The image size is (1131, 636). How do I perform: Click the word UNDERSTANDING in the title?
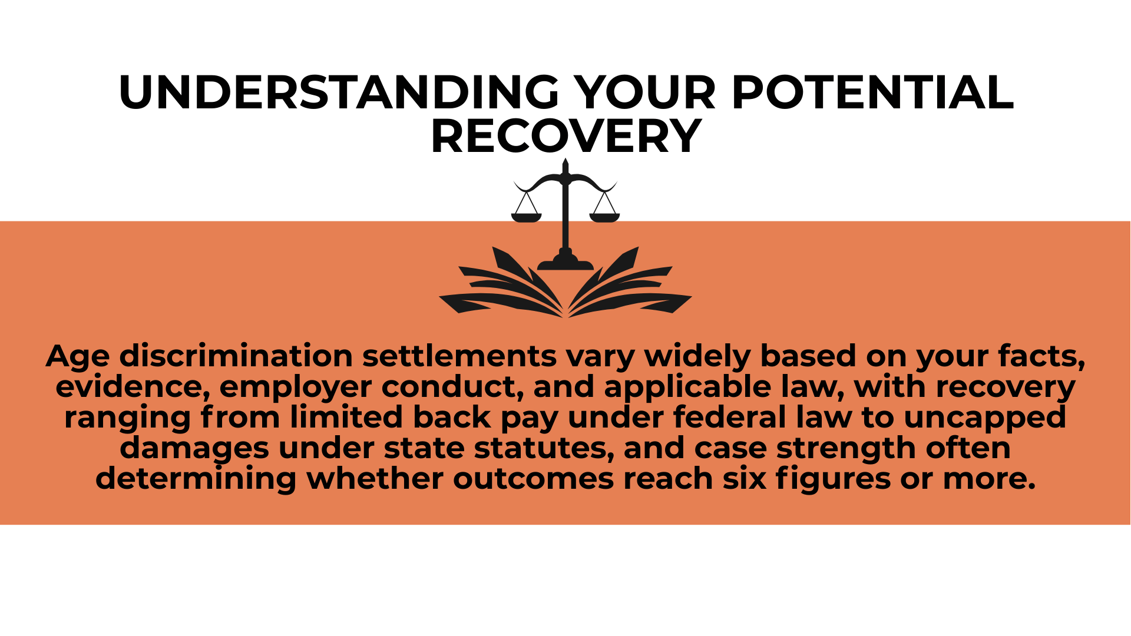click(x=338, y=92)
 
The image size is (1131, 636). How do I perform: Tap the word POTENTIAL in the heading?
click(x=872, y=92)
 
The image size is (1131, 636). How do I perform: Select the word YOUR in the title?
click(x=644, y=92)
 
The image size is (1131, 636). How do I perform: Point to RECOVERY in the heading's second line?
click(x=565, y=137)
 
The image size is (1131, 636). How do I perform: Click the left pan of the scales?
click(x=526, y=217)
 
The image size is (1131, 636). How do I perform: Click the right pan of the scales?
click(x=604, y=217)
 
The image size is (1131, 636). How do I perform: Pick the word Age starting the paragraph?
click(x=78, y=356)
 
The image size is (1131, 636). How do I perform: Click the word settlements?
click(x=459, y=356)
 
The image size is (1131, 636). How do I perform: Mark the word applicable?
click(x=687, y=387)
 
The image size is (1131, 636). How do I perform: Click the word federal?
click(x=729, y=417)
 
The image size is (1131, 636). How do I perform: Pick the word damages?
click(x=194, y=449)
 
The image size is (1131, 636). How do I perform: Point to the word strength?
click(x=846, y=449)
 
